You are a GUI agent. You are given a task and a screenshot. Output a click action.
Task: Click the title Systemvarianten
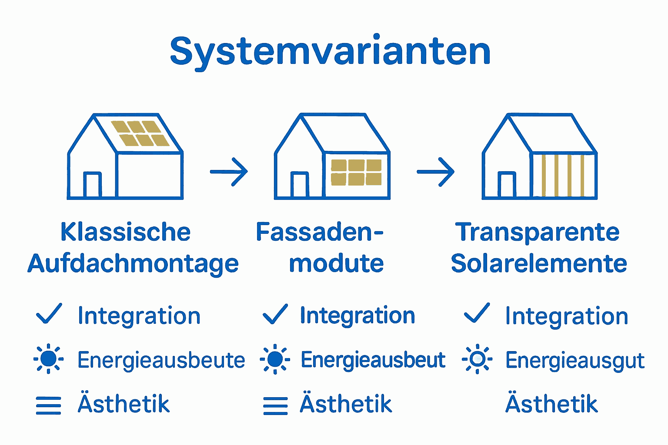point(330,52)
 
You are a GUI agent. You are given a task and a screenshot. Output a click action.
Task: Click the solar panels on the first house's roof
point(140,133)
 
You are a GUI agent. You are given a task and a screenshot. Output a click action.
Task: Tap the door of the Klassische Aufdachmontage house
point(92,185)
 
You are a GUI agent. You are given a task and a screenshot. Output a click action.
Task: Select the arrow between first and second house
point(229,172)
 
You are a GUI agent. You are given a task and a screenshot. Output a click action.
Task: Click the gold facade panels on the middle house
point(356,172)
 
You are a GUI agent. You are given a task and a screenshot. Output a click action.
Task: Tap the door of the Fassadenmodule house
point(299,185)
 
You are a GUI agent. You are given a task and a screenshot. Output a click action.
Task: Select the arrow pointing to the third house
point(435,172)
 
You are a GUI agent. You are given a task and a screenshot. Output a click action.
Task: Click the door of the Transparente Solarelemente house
point(507,185)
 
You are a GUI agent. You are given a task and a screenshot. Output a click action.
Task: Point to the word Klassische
point(125,232)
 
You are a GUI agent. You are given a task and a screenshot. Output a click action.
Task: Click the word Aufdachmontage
point(133,264)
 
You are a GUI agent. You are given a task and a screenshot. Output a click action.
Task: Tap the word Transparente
point(538,232)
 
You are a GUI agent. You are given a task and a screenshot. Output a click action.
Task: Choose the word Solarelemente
point(539,264)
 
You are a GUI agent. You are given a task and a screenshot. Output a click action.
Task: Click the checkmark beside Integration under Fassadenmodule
point(275,314)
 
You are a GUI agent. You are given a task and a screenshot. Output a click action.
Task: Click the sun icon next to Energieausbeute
point(48,359)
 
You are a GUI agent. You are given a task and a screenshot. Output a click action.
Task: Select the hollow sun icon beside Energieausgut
point(477,359)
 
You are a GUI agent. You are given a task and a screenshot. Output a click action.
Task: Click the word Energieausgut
point(574,361)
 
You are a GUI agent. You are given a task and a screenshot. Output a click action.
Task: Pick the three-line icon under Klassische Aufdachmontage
point(48,405)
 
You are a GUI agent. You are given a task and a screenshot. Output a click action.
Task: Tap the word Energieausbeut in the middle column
point(373,360)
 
